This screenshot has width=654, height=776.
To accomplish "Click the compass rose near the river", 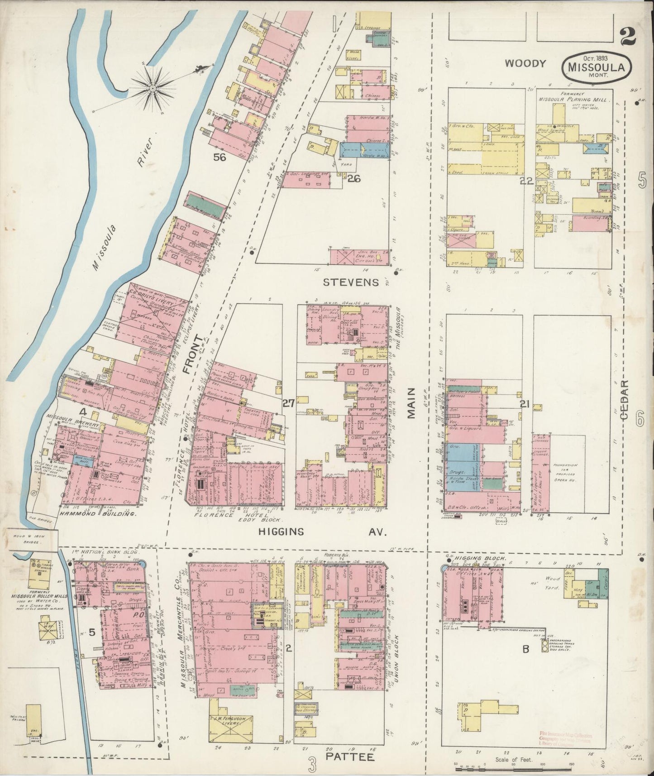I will [x=153, y=86].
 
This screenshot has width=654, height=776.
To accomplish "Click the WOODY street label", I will [x=525, y=63].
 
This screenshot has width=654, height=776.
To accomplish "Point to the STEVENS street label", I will [x=351, y=283].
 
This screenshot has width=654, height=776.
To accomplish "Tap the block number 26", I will [x=354, y=179].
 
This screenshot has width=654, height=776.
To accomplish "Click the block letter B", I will [x=526, y=649].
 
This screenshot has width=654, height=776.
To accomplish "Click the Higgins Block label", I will [x=474, y=559].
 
